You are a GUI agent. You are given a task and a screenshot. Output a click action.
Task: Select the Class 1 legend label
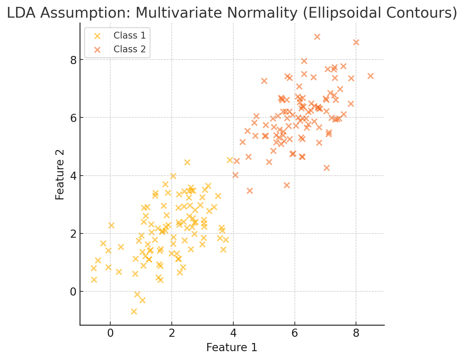(129, 35)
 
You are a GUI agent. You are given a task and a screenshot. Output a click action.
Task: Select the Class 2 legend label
(129, 49)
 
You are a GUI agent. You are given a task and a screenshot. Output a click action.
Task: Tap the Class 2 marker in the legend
(98, 49)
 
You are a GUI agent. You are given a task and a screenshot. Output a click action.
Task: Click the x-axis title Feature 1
(232, 348)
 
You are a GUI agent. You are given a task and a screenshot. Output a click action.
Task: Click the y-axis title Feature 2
(60, 175)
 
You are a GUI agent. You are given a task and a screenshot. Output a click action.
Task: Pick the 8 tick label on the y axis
(73, 60)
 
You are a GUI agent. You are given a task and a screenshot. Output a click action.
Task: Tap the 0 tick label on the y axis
(73, 291)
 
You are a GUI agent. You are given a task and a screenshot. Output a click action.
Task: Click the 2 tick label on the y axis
(73, 233)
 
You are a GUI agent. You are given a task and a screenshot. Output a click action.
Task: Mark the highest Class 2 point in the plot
(317, 37)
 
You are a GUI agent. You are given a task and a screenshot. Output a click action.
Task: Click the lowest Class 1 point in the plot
(134, 311)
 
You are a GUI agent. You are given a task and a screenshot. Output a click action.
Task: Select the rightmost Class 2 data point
(370, 76)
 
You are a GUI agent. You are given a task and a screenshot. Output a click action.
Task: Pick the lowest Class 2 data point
(250, 191)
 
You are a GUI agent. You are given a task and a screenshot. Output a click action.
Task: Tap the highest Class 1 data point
(230, 160)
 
